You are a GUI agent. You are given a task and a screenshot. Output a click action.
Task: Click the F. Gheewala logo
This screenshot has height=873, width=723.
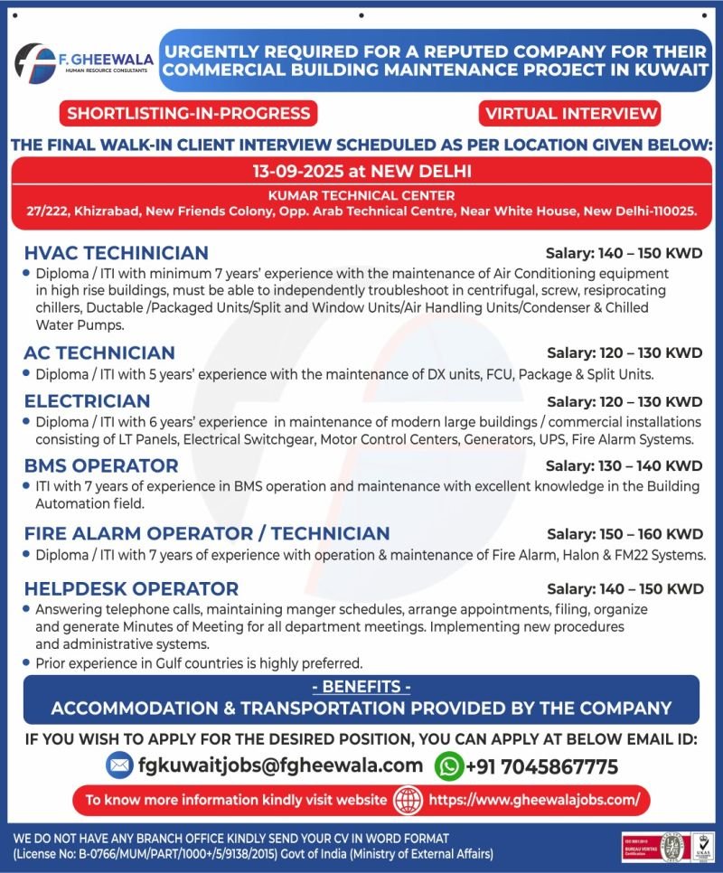point(84,62)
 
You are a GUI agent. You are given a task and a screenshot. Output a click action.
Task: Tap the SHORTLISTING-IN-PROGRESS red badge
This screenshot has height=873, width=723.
point(189,114)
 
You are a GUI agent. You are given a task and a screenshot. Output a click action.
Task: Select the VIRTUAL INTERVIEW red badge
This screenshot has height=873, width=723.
point(569,114)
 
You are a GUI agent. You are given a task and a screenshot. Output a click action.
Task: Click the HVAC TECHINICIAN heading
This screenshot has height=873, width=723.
point(117,252)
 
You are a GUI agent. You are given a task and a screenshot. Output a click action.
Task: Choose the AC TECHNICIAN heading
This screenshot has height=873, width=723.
point(99,352)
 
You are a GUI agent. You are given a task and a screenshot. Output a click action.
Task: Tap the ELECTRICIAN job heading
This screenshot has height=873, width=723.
point(88,400)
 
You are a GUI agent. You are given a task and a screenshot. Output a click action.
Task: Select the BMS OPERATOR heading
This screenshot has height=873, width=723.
point(101,465)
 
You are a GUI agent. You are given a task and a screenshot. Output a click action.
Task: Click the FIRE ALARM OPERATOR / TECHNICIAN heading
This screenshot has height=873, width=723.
point(207,533)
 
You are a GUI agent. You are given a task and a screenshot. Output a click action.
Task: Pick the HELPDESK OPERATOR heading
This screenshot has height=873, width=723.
point(131,589)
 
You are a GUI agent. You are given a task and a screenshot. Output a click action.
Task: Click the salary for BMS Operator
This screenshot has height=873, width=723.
point(624,466)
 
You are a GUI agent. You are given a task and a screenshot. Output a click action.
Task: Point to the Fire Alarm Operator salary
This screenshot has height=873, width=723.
point(624,534)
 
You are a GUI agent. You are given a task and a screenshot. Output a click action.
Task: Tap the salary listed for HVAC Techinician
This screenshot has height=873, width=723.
point(624,253)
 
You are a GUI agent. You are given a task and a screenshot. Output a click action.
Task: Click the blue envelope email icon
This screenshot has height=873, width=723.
point(118,765)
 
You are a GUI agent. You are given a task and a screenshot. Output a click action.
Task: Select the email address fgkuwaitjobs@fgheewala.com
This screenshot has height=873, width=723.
point(280,765)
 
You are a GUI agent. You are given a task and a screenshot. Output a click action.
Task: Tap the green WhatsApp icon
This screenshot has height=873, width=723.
point(448,766)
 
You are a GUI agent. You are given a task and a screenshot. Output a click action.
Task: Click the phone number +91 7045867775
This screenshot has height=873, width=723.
point(541,767)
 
